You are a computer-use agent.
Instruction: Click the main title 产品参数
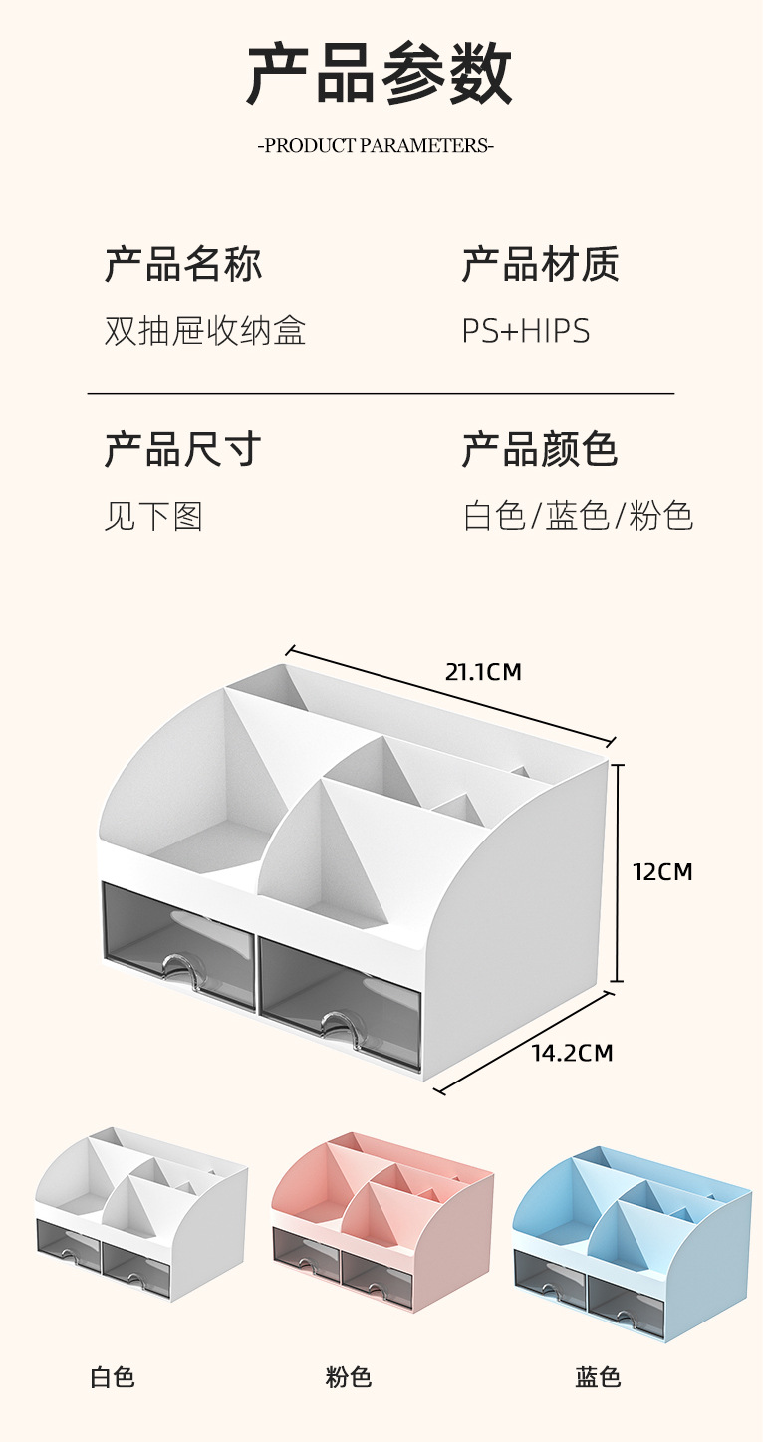tap(380, 74)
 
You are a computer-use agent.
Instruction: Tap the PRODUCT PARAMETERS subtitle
tap(377, 146)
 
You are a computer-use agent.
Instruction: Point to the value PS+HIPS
tap(525, 331)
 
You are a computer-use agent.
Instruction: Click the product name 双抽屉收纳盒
tap(204, 331)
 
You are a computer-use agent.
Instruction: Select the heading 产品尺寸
tap(183, 450)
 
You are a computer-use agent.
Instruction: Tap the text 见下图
tap(153, 516)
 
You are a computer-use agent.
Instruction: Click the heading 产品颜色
tap(540, 450)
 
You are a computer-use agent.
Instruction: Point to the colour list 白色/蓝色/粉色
tap(578, 516)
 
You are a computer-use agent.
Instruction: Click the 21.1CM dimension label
tap(483, 672)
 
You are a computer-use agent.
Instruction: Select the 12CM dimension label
tap(662, 872)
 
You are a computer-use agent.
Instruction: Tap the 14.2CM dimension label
tap(572, 1053)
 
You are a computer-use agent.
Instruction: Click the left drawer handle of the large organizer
tap(180, 966)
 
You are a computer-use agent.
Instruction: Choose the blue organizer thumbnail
tap(632, 1240)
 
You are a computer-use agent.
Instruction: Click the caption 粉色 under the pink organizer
tap(349, 1378)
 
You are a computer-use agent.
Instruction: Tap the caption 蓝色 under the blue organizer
tap(598, 1378)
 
